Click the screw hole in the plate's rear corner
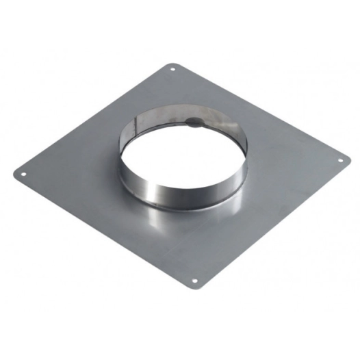[172, 69]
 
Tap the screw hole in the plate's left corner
[25, 173]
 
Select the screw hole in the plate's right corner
[338, 162]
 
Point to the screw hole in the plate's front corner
[194, 280]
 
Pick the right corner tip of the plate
[346, 162]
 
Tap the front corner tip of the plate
[195, 288]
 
